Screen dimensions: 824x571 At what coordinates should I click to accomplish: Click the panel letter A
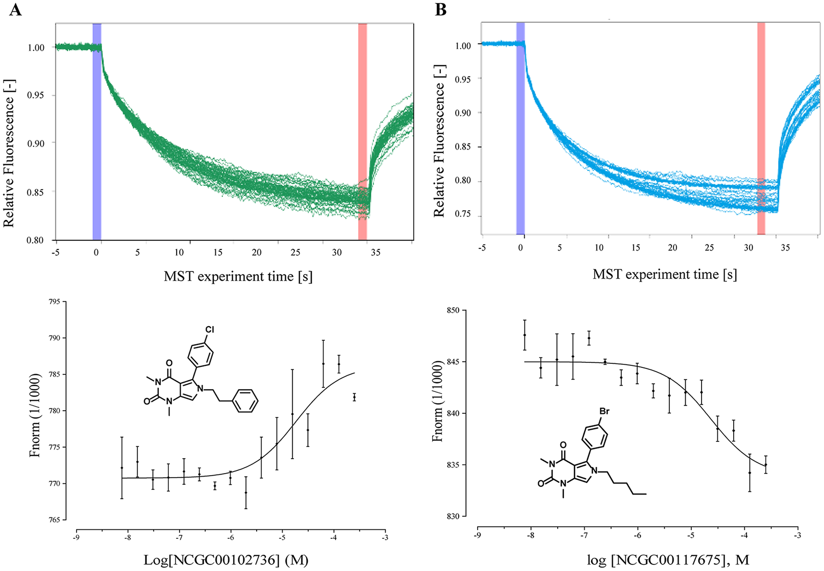coord(15,10)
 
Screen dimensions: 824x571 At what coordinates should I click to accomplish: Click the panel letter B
coord(441,10)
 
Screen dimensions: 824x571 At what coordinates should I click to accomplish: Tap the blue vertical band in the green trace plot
coord(97,132)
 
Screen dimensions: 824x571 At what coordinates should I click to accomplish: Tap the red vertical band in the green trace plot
coord(362,132)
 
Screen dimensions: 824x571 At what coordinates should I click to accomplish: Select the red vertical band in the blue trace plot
coord(761,129)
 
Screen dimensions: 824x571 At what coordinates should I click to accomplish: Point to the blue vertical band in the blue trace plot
coord(520,129)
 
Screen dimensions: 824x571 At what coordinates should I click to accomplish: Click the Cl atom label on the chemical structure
coord(209,330)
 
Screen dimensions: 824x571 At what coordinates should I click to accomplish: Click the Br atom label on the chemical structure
coord(605,411)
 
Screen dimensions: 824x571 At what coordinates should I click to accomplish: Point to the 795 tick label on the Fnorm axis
coord(55,302)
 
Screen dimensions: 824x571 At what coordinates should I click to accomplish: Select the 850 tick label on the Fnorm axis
coord(453,311)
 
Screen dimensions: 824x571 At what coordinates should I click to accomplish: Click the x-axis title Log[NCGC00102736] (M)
coord(226,560)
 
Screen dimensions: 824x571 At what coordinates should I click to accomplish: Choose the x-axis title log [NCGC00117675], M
coord(668,560)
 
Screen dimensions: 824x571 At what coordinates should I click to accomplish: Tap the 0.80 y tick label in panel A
coord(35,240)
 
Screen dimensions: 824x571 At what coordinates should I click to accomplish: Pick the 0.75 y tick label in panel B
coord(463,214)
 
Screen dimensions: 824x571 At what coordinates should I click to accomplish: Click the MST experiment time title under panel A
coord(238,276)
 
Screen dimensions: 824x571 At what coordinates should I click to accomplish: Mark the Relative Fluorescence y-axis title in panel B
coord(439,140)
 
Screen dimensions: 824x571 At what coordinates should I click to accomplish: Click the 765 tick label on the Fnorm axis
coord(55,520)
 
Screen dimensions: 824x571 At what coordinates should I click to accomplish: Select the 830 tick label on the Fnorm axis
coord(453,516)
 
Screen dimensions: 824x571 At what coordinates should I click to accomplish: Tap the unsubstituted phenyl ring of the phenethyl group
coord(245,401)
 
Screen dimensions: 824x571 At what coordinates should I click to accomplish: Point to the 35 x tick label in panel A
coord(375,253)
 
